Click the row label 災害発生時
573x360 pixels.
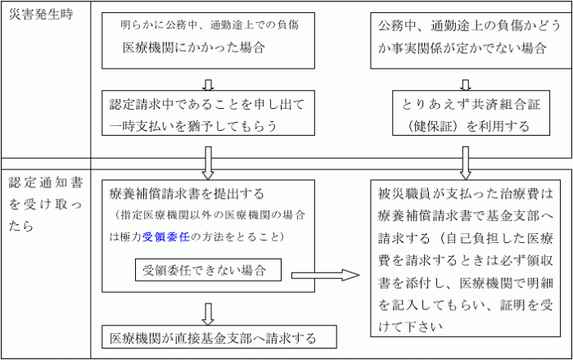coord(39,16)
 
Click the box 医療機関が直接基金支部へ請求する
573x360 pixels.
coord(213,337)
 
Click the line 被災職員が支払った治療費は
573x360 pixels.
coord(466,196)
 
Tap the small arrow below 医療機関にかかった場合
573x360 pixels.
coord(207,83)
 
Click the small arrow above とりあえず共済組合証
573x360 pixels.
coord(465,83)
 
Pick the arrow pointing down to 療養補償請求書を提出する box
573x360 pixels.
coord(207,160)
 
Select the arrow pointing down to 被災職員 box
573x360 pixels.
coord(465,160)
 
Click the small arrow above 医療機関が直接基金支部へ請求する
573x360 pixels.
coord(207,313)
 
